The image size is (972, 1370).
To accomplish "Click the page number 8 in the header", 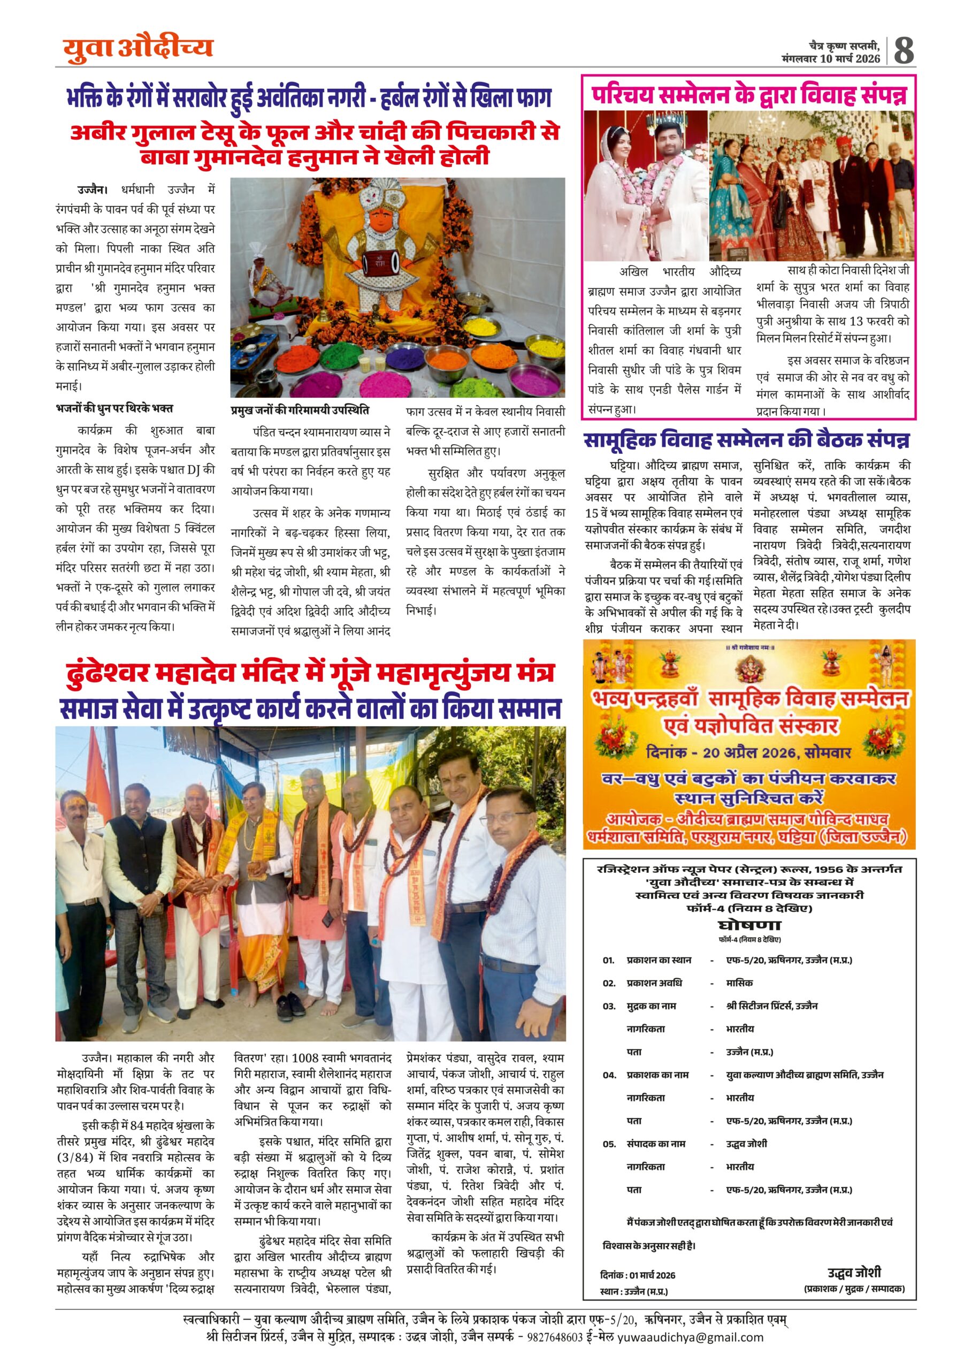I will (x=903, y=50).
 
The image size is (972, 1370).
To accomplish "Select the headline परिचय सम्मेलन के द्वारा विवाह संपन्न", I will (x=749, y=95).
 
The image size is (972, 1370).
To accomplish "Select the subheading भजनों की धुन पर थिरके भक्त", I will (x=114, y=408).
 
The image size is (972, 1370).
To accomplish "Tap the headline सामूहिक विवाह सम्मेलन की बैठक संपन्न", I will (x=746, y=440).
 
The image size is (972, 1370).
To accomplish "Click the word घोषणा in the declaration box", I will (x=749, y=926).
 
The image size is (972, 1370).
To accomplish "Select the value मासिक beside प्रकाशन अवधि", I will (x=739, y=983).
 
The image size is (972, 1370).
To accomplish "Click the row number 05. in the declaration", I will (x=609, y=1144).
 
